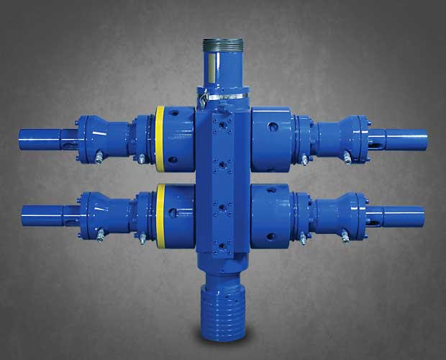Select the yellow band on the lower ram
pos(160,213)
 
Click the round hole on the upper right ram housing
pos(272,126)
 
